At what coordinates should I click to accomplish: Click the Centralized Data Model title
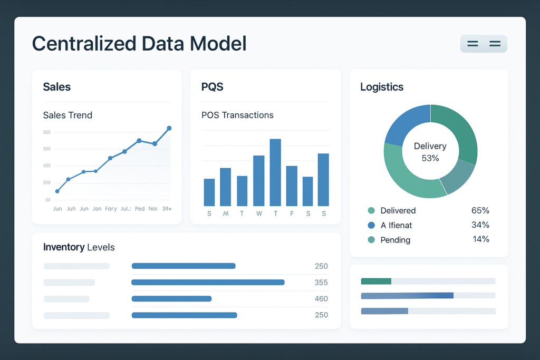[x=139, y=43]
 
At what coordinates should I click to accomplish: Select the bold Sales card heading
[x=57, y=87]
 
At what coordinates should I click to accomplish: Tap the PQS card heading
[x=213, y=87]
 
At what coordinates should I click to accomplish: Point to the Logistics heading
[x=382, y=87]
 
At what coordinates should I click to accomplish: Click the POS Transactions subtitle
[x=237, y=115]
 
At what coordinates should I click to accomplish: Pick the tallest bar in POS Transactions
[x=275, y=172]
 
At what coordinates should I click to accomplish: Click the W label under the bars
[x=259, y=213]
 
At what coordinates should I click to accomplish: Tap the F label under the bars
[x=292, y=213]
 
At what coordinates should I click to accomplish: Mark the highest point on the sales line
[x=169, y=128]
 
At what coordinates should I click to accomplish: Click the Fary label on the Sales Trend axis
[x=111, y=209]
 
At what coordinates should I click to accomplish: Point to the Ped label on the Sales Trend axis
[x=140, y=209]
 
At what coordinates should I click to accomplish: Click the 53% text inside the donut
[x=430, y=158]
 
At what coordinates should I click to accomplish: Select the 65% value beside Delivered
[x=480, y=210]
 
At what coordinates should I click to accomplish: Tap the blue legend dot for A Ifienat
[x=371, y=225]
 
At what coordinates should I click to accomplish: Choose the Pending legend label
[x=395, y=240]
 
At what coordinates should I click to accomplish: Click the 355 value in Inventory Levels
[x=321, y=283]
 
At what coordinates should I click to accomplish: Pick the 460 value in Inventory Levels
[x=321, y=299]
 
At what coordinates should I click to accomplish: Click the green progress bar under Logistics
[x=376, y=281]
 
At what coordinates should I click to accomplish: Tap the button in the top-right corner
[x=484, y=44]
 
